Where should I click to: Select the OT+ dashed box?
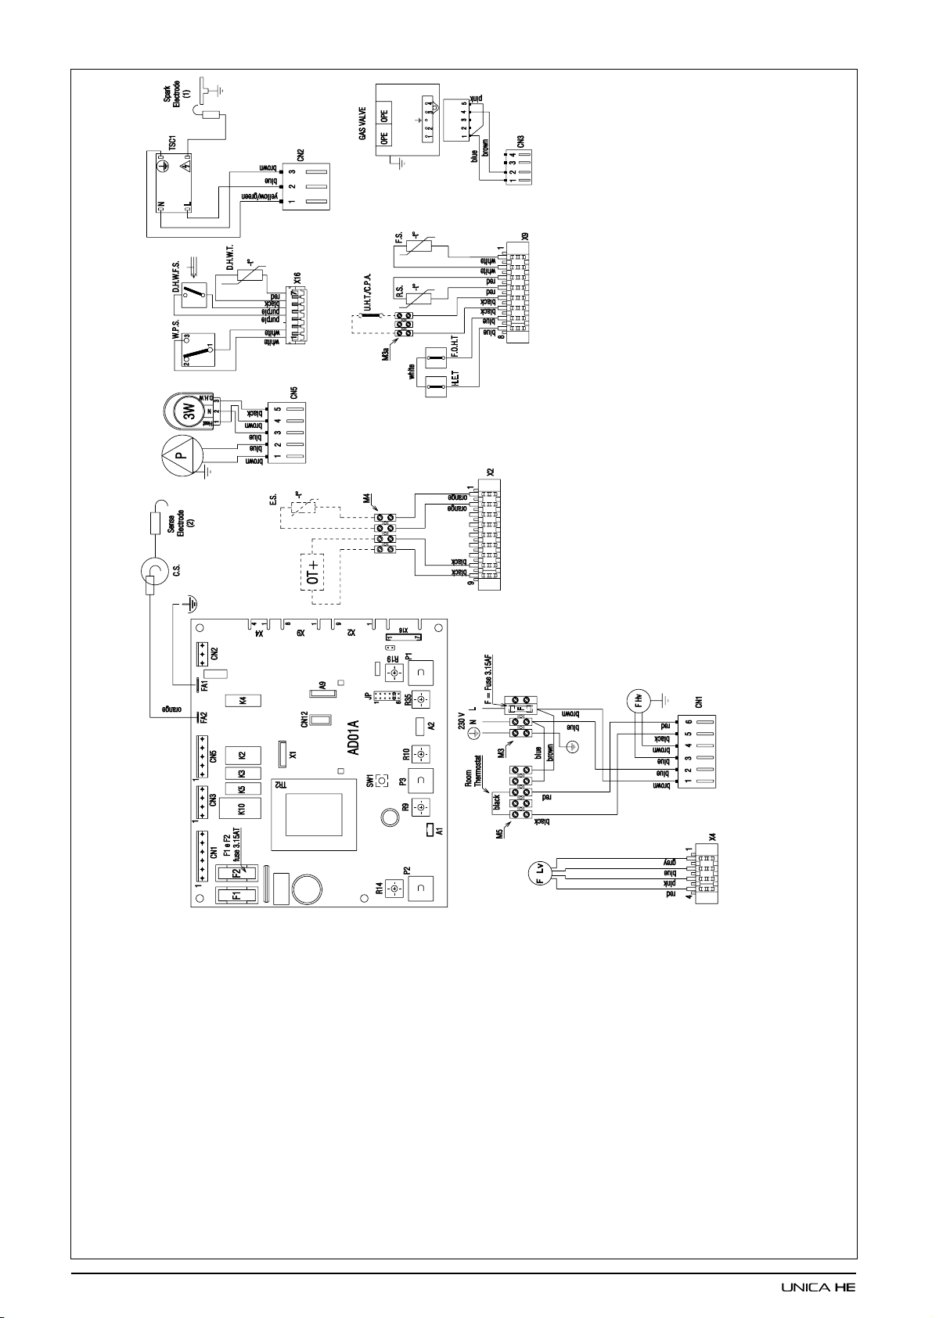pos(314,580)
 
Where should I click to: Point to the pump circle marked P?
pos(181,457)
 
